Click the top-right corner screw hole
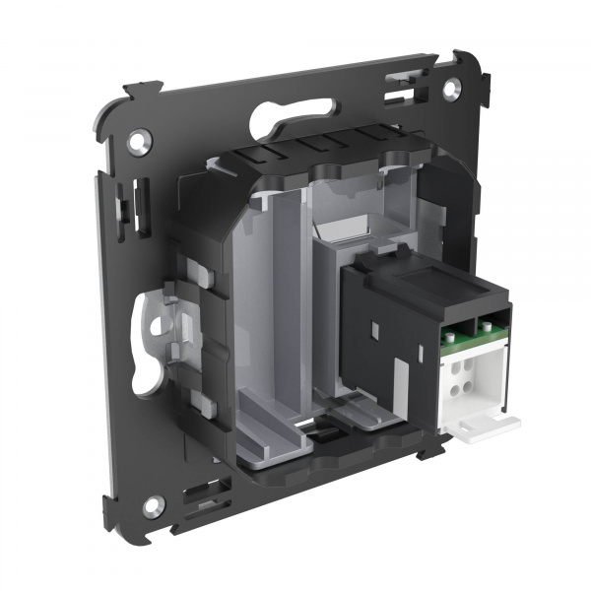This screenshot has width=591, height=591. pyautogui.click(x=450, y=88)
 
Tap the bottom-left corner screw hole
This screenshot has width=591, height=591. pyautogui.click(x=152, y=507)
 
